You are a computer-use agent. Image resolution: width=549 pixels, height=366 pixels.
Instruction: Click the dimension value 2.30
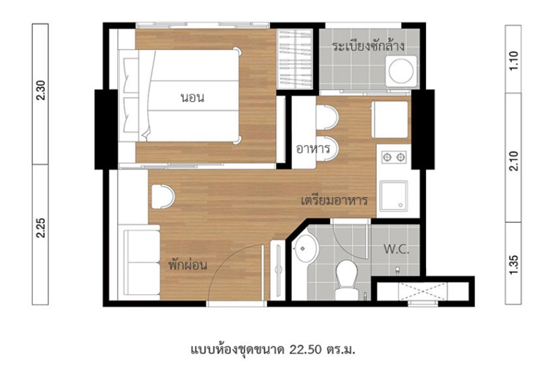tap(40, 90)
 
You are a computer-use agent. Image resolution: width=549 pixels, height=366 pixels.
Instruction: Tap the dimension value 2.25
tap(40, 228)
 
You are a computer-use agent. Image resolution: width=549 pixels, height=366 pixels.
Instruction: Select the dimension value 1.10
tap(513, 61)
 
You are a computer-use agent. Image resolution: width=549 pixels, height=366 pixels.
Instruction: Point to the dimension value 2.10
tap(513, 161)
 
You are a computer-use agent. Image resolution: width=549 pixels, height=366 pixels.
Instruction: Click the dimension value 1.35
tap(513, 265)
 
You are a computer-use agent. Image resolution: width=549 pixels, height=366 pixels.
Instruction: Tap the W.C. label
tap(396, 250)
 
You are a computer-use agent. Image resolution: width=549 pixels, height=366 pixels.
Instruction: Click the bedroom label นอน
tap(193, 97)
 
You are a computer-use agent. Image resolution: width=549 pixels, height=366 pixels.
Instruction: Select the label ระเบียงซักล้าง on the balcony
tap(368, 46)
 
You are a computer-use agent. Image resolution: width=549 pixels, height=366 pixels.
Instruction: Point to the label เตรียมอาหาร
tap(334, 201)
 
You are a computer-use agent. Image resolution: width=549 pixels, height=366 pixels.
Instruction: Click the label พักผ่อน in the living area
tap(187, 264)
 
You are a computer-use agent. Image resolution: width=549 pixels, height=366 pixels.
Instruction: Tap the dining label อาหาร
tap(313, 149)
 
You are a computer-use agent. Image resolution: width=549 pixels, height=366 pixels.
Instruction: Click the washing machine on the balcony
tap(401, 71)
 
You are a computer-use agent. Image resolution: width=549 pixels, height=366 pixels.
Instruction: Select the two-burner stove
tap(394, 157)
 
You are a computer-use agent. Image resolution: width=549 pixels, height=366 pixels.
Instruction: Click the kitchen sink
tap(394, 195)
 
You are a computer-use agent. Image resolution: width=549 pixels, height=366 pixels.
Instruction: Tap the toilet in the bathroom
tap(346, 280)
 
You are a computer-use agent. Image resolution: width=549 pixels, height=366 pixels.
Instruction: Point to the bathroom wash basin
tap(305, 248)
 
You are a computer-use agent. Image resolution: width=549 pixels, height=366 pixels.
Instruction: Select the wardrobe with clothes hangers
tap(294, 59)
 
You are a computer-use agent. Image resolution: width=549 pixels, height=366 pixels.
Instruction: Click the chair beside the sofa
tap(163, 196)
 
